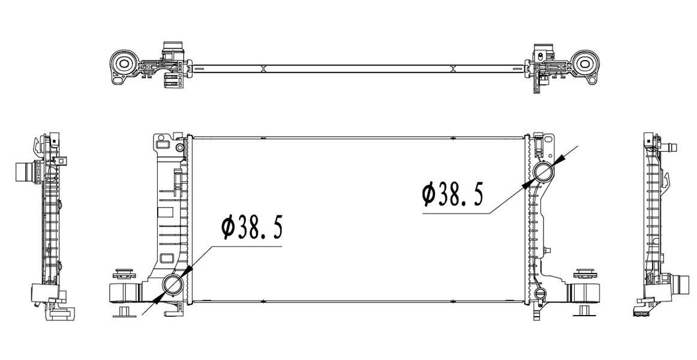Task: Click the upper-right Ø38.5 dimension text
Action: [x=452, y=195]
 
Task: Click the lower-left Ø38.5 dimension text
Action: [x=252, y=227]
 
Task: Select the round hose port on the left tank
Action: [x=172, y=284]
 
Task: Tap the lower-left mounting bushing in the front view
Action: [x=125, y=293]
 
